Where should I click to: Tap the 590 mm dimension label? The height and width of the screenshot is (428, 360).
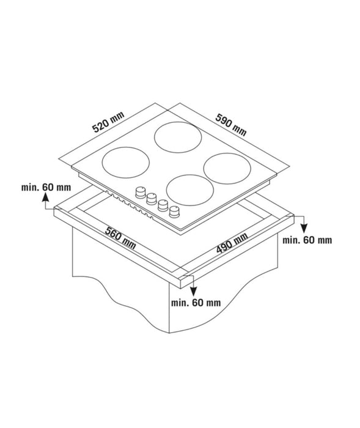pos(230,124)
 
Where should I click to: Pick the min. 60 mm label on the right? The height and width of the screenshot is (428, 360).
pos(307,240)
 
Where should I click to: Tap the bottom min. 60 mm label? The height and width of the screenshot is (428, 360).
pos(196,302)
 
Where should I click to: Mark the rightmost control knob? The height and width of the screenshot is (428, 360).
pos(176,212)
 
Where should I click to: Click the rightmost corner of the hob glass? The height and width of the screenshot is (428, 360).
pos(288,165)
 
